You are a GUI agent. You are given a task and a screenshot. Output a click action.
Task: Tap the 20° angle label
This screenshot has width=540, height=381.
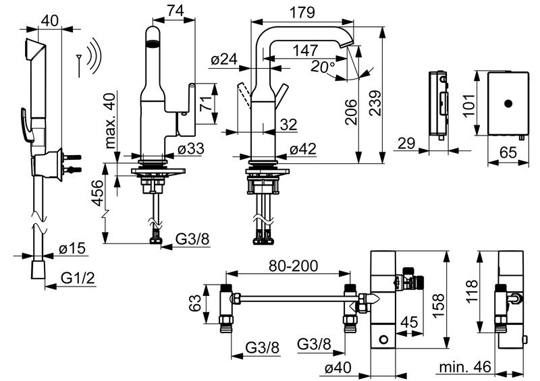(324, 66)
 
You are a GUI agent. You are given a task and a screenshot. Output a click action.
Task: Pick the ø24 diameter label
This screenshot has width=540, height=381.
(225, 60)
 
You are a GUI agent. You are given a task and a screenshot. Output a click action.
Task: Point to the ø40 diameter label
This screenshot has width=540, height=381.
(338, 368)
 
